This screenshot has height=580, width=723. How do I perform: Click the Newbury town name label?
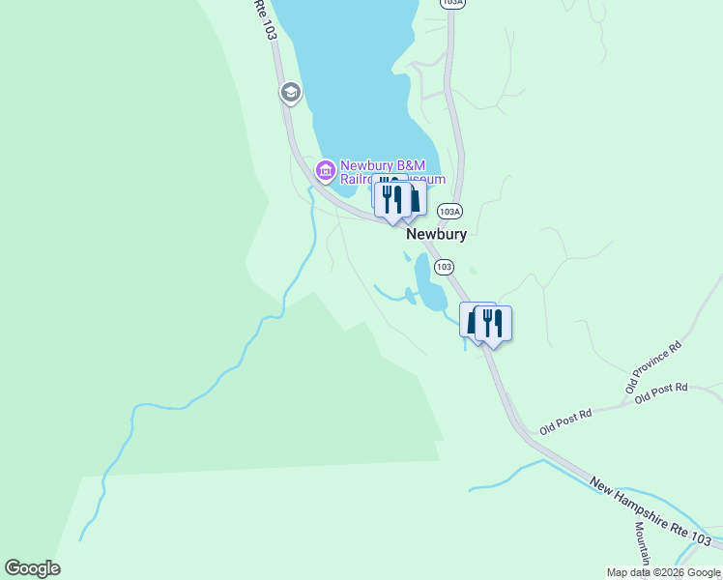tap(437, 234)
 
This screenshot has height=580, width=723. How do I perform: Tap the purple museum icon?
tap(325, 172)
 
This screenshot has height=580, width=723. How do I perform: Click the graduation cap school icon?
tap(289, 93)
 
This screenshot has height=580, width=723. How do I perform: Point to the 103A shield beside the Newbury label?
tap(448, 211)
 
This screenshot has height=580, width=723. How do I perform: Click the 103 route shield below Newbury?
tap(444, 266)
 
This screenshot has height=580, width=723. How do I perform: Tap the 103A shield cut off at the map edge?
tap(451, 4)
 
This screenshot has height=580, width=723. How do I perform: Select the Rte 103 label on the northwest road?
tap(266, 19)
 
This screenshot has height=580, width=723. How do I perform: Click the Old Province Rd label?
tap(654, 372)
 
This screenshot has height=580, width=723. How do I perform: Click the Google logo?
tap(32, 568)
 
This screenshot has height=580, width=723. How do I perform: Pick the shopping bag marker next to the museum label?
tap(413, 198)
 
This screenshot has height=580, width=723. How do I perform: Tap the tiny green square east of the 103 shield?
tap(473, 272)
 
